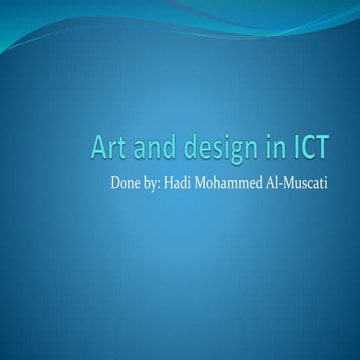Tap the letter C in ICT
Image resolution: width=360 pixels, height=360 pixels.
click(x=306, y=146)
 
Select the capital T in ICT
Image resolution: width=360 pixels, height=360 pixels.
click(x=321, y=146)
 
